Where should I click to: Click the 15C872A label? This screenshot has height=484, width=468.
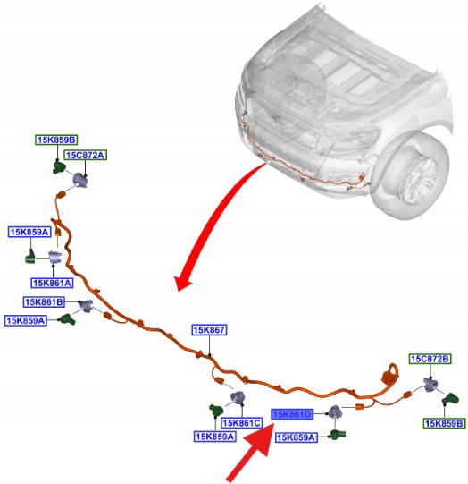pyautogui.click(x=86, y=155)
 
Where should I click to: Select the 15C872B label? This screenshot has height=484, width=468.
pyautogui.click(x=430, y=359)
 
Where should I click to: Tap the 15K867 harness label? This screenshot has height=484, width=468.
pyautogui.click(x=209, y=330)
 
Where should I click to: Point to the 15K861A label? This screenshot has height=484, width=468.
pyautogui.click(x=52, y=283)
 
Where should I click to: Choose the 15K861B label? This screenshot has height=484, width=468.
pyautogui.click(x=44, y=301)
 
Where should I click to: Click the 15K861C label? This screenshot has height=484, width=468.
pyautogui.click(x=242, y=423)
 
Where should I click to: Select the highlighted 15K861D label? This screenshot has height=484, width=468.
pyautogui.click(x=292, y=414)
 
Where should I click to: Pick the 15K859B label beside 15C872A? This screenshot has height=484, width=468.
pyautogui.click(x=56, y=140)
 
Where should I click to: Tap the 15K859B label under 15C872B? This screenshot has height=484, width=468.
pyautogui.click(x=444, y=423)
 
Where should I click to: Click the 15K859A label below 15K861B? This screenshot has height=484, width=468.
pyautogui.click(x=26, y=320)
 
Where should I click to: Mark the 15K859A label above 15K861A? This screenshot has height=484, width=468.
pyautogui.click(x=29, y=232)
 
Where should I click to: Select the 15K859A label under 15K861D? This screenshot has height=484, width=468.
pyautogui.click(x=297, y=437)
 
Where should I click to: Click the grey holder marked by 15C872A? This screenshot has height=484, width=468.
pyautogui.click(x=79, y=180)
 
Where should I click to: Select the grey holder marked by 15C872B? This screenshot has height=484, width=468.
pyautogui.click(x=430, y=385)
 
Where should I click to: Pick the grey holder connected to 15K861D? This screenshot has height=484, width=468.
pyautogui.click(x=334, y=412)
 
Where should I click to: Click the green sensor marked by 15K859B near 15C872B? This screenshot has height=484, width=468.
pyautogui.click(x=451, y=399)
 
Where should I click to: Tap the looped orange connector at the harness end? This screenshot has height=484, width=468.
pyautogui.click(x=389, y=375)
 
